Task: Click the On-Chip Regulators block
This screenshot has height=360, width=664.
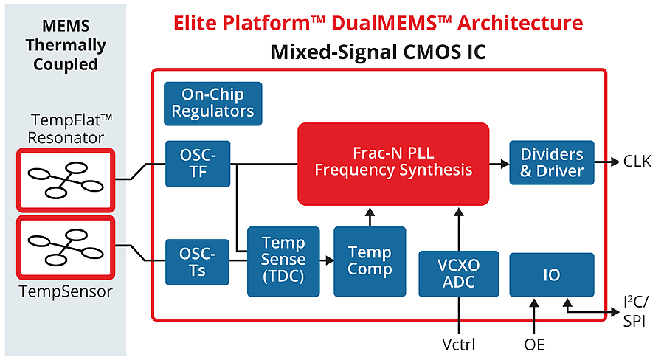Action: [x=213, y=103]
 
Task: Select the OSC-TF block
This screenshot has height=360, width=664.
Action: [x=198, y=164]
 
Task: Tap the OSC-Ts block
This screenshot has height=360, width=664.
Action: [x=198, y=262]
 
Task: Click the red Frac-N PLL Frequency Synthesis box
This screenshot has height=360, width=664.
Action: [x=393, y=163]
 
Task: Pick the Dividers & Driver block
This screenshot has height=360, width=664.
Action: [x=552, y=163]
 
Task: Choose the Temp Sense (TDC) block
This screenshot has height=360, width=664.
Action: [x=283, y=260]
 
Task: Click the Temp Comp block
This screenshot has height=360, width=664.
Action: [x=370, y=260]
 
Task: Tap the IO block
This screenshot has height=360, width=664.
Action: [x=551, y=275]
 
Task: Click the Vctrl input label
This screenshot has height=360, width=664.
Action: [x=459, y=344]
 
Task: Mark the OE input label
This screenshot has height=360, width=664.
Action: [x=534, y=344]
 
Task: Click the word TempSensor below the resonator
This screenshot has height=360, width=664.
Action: [x=67, y=291]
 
